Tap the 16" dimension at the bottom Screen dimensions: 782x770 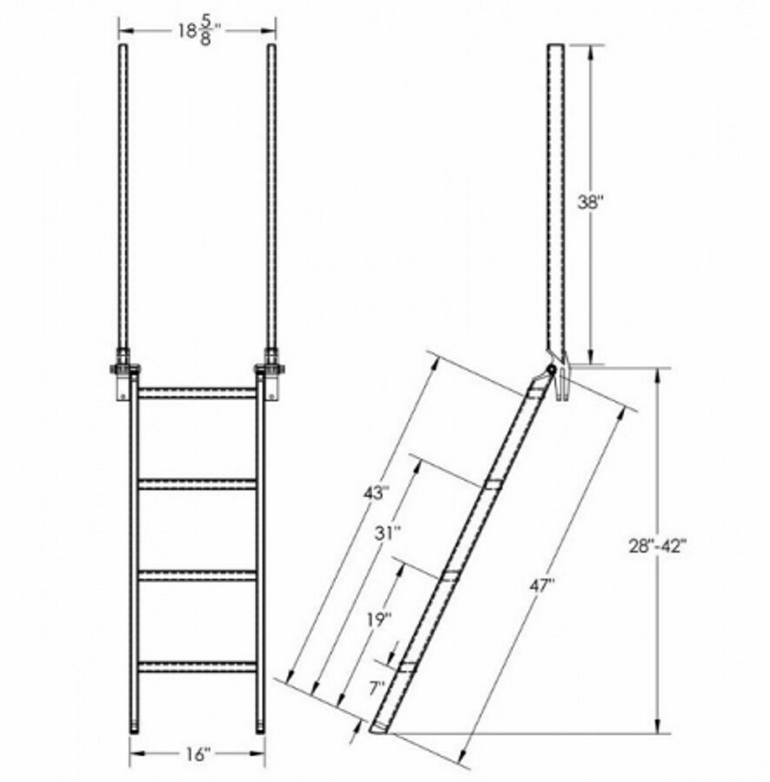(197, 753)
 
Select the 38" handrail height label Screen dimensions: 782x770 (591, 203)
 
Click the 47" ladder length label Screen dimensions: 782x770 (541, 586)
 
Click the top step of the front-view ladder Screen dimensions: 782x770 (197, 394)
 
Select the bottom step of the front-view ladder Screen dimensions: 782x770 (197, 666)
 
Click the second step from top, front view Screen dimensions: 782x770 (197, 483)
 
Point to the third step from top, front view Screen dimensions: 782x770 (197, 573)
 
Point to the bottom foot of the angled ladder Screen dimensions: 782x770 (382, 726)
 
